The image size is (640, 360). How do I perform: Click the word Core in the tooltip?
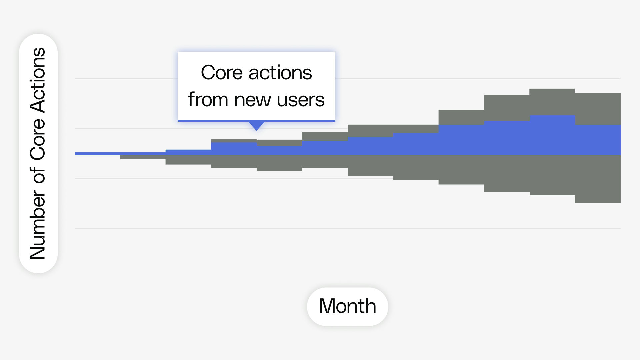pyautogui.click(x=221, y=73)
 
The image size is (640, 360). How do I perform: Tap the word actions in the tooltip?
pyautogui.click(x=280, y=73)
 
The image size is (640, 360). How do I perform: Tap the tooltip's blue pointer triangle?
pyautogui.click(x=257, y=126)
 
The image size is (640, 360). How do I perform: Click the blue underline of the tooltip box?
pyautogui.click(x=256, y=121)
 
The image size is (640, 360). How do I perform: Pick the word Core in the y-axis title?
pyautogui.click(x=37, y=139)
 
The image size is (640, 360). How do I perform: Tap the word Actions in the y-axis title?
pyautogui.click(x=37, y=80)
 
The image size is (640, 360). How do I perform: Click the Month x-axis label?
pyautogui.click(x=347, y=306)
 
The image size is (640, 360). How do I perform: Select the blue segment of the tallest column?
pyautogui.click(x=552, y=135)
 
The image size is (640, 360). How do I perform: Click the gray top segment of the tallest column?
pyautogui.click(x=552, y=102)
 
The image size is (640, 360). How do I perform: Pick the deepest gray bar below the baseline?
pyautogui.click(x=598, y=179)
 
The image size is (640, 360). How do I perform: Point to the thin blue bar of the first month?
pyautogui.click(x=97, y=154)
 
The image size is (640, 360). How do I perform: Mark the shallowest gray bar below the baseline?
pyautogui.click(x=143, y=157)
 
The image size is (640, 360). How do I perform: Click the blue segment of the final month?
pyautogui.click(x=598, y=140)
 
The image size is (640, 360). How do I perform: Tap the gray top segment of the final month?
pyautogui.click(x=598, y=109)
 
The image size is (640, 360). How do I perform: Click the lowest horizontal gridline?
pyautogui.click(x=348, y=229)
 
